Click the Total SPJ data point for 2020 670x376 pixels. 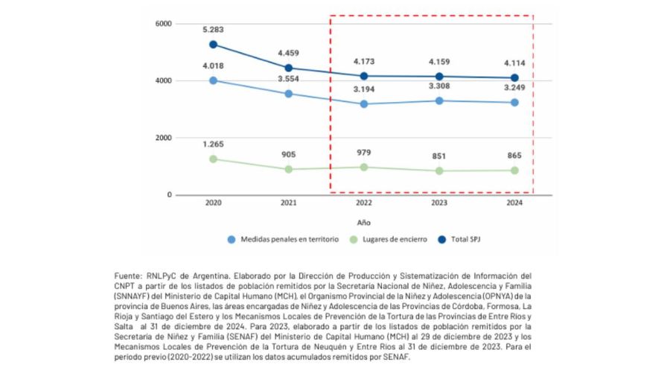[213, 45]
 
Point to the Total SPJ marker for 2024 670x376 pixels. [514, 78]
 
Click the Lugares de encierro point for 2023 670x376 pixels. [439, 171]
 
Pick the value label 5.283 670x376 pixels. [213, 30]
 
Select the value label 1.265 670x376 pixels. [213, 144]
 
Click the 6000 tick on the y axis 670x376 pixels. [164, 24]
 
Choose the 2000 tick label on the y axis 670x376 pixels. [164, 138]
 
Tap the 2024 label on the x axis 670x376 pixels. [514, 203]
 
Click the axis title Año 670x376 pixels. [363, 222]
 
